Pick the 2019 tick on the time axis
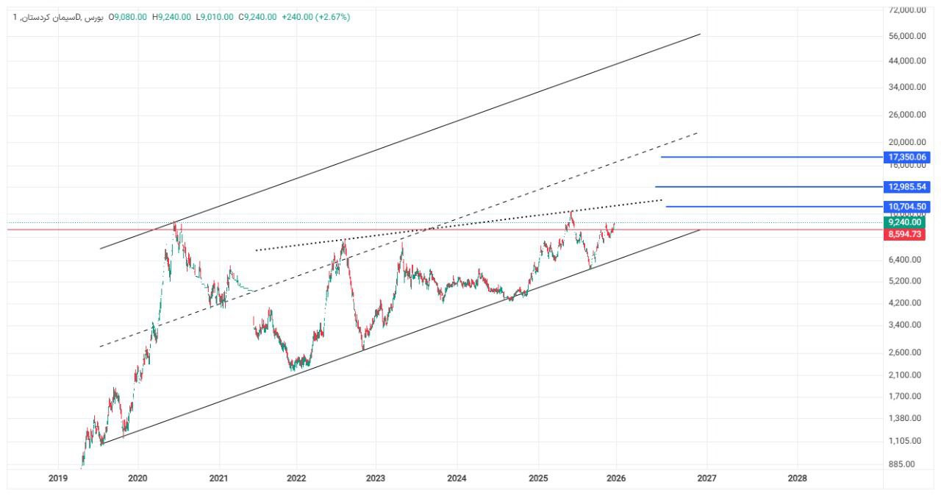58,478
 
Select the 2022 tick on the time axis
296,478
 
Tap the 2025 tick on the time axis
538,478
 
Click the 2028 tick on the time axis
796,478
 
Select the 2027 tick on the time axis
706,478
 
